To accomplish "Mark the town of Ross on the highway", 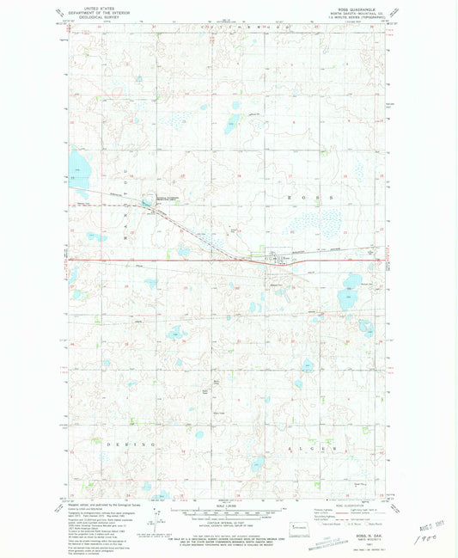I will tap(277, 258).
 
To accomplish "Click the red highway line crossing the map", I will tap(172, 258).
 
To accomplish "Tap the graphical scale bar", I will tap(228, 509).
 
